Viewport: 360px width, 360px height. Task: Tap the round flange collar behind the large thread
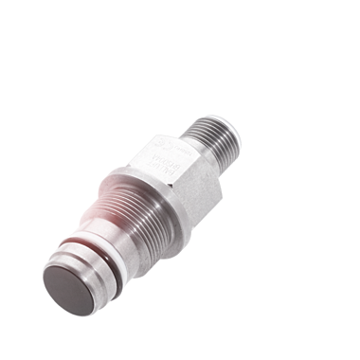click(161, 194)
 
